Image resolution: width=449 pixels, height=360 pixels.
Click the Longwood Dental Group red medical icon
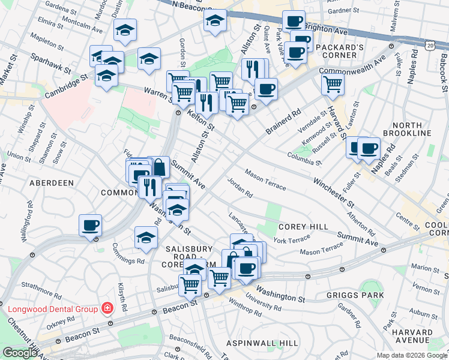(107, 308)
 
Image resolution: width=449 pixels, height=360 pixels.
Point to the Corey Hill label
(303, 227)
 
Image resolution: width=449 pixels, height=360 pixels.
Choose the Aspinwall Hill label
(262, 342)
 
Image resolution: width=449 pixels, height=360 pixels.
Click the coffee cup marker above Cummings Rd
(91, 226)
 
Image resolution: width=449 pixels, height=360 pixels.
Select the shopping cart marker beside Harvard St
(333, 84)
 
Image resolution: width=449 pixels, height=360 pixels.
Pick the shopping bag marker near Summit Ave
(158, 167)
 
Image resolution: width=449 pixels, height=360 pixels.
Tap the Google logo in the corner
(19, 353)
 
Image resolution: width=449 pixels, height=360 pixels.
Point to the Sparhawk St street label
(49, 62)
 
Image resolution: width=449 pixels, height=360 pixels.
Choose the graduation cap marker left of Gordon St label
(148, 59)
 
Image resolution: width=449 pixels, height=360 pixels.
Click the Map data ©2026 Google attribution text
(412, 355)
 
